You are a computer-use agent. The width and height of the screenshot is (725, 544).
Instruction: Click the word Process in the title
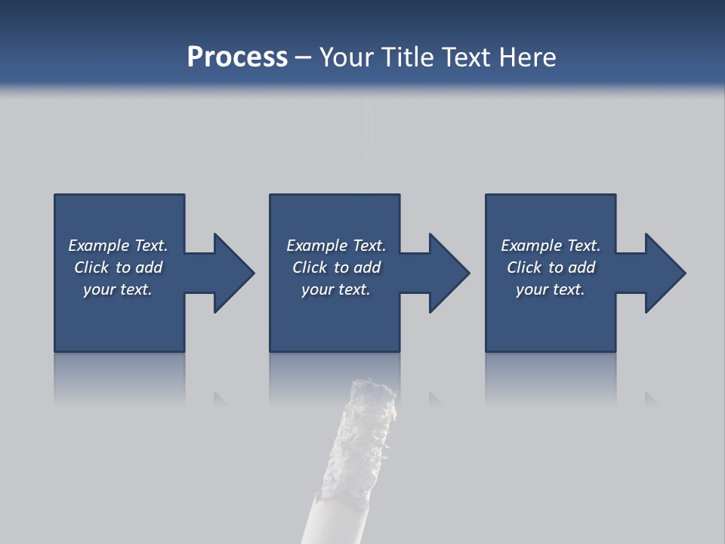pyautogui.click(x=237, y=57)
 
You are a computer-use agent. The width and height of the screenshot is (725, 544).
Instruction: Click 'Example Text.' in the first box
pyautogui.click(x=118, y=246)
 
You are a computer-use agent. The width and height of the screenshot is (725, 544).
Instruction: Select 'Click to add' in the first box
pyautogui.click(x=118, y=267)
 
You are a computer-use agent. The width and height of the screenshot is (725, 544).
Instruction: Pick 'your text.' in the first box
pyautogui.click(x=118, y=289)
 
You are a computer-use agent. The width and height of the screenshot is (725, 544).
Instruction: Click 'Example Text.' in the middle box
pyautogui.click(x=336, y=246)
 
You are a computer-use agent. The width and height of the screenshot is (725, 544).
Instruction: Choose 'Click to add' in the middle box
pyautogui.click(x=336, y=267)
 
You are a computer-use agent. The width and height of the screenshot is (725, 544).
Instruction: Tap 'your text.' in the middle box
pyautogui.click(x=336, y=289)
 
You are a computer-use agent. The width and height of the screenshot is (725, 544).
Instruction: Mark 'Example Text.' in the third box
pyautogui.click(x=551, y=246)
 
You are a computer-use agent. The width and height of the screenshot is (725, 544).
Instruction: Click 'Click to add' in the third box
pyautogui.click(x=551, y=267)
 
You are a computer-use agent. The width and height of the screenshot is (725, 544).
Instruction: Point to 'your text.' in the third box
pyautogui.click(x=551, y=289)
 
